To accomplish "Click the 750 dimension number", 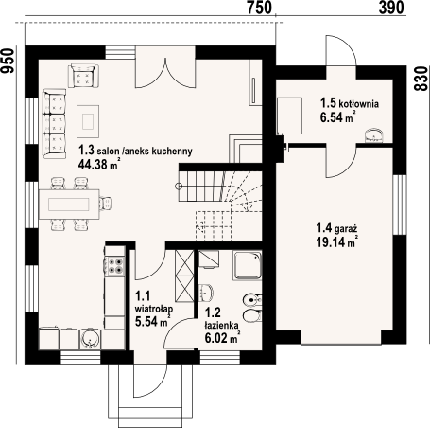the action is tap(259, 8).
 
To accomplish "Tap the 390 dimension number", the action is tap(391, 8).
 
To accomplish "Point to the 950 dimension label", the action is tap(8, 61).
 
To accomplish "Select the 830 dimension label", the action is tap(421, 80).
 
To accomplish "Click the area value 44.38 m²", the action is tap(98, 165).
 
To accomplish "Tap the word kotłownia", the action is tap(358, 103).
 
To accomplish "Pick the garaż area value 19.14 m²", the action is tap(336, 241).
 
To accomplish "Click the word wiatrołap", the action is tap(153, 309).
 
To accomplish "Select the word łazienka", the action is tap(221, 325).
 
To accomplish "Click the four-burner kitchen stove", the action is tap(115, 265).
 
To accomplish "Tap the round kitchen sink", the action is tap(91, 339).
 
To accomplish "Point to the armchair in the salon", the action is tap(83, 76).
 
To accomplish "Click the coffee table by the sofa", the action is tap(88, 121).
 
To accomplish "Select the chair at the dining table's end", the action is tap(106, 203).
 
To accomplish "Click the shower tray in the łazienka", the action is tap(248, 266).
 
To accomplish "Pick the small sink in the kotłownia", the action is tap(374, 135).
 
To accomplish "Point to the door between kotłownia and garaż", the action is tap(341, 161).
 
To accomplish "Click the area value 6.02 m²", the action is tap(222, 338).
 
